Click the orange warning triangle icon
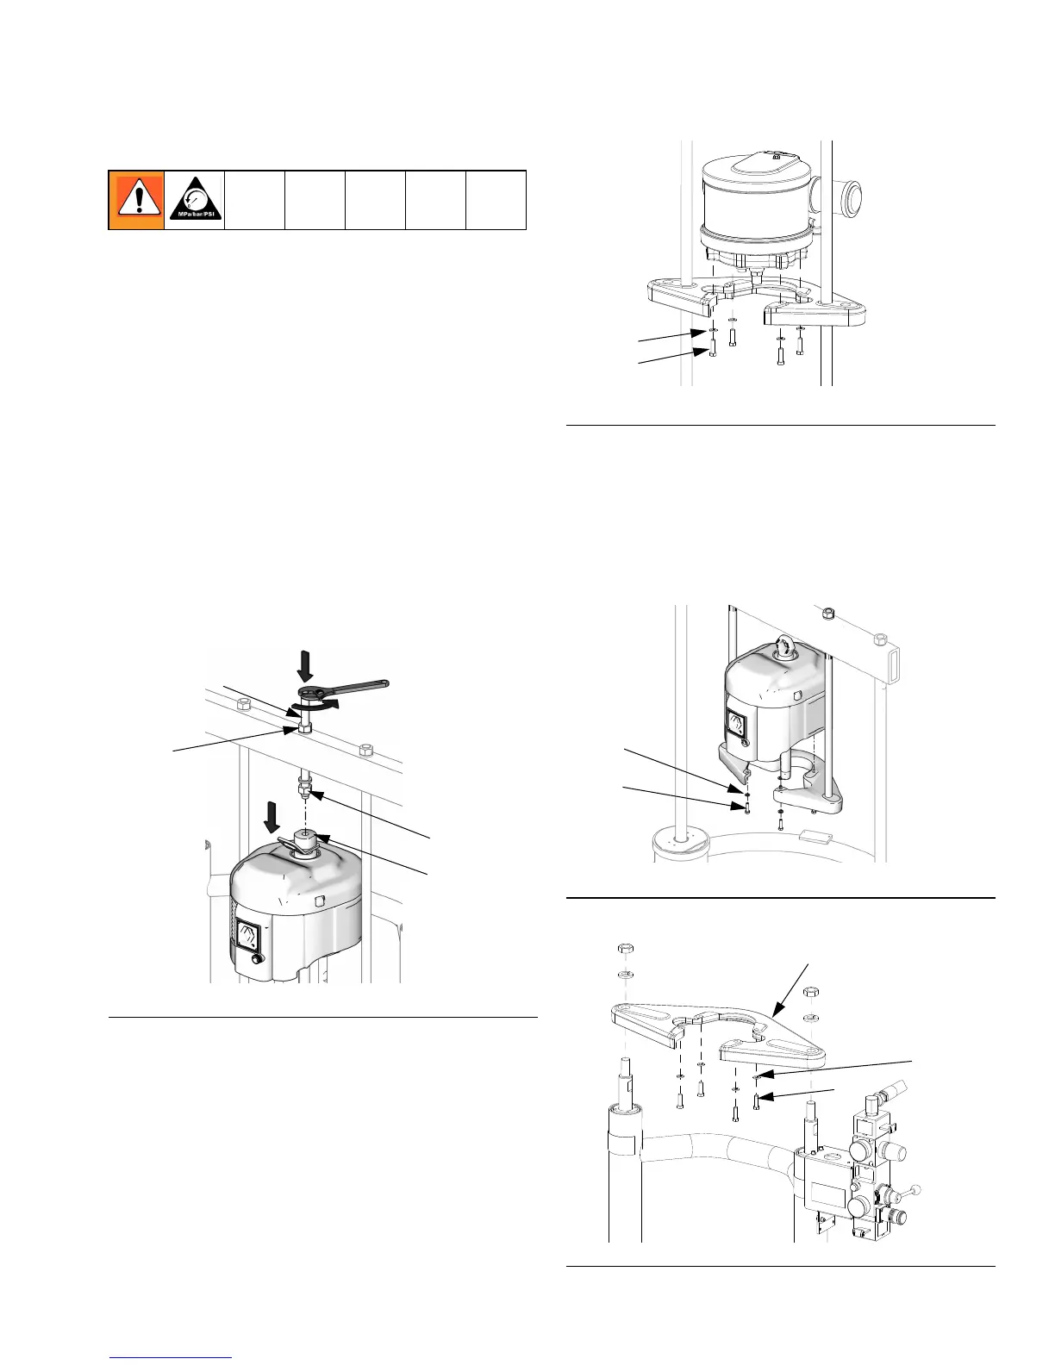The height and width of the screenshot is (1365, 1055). coord(136,200)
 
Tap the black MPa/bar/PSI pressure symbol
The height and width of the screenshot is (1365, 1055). coord(195,200)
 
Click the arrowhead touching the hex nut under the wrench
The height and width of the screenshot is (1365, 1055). coord(297,732)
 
